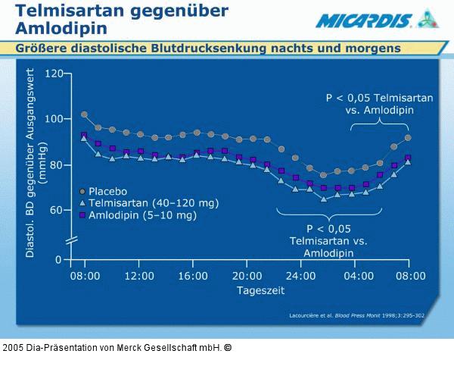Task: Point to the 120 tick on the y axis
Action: pyautogui.click(x=54, y=74)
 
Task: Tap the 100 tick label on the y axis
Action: pyautogui.click(x=54, y=119)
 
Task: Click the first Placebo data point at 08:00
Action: pyautogui.click(x=84, y=115)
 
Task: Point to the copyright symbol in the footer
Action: pyautogui.click(x=228, y=348)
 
